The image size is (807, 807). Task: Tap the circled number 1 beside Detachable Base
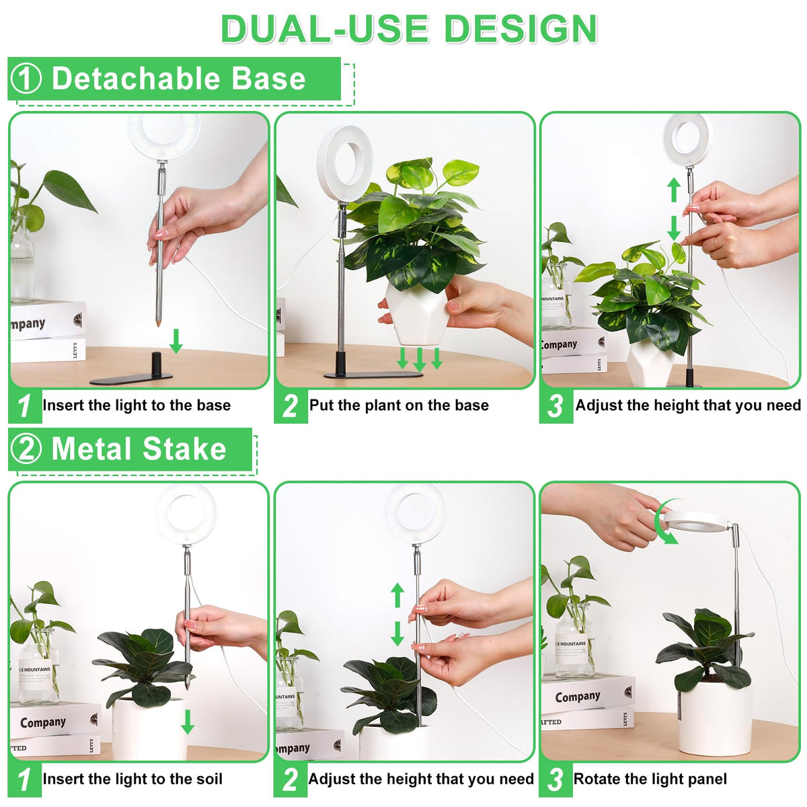coord(26,79)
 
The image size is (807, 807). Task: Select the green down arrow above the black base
coord(176,341)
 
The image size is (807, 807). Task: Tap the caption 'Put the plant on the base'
coord(399,405)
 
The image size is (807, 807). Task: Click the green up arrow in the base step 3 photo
coord(673,190)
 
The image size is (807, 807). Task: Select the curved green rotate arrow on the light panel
coord(666,521)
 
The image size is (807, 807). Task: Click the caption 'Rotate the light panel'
coord(650,779)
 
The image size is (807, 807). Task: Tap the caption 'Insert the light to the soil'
coord(132,779)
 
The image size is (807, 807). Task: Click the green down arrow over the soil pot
coord(188,722)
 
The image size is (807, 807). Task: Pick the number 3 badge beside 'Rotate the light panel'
coord(555,778)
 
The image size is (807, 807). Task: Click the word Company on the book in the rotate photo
coord(578,697)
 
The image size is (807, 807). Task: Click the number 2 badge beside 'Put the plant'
coord(291,406)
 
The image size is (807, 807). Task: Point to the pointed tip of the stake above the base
coord(158,325)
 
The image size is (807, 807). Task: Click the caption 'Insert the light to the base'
coord(137,405)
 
